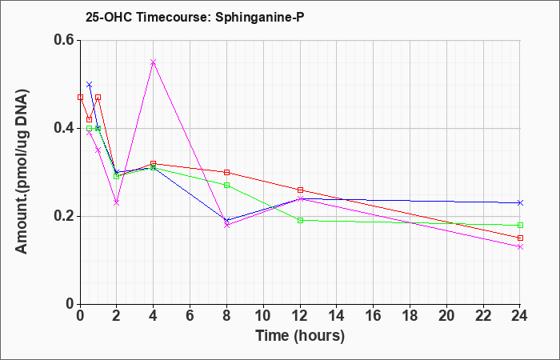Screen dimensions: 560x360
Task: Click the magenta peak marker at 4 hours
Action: [154, 62]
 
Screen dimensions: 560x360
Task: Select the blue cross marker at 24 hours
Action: [520, 203]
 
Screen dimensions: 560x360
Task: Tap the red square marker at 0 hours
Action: [80, 97]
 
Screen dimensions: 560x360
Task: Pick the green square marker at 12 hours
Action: [300, 220]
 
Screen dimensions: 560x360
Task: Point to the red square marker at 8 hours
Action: [226, 172]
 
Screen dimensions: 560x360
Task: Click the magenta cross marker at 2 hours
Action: [117, 203]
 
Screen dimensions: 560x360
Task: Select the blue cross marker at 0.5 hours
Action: [90, 84]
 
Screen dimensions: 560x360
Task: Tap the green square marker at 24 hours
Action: [520, 225]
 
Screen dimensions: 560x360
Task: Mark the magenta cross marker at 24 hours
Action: [520, 246]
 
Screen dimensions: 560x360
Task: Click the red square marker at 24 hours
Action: [520, 238]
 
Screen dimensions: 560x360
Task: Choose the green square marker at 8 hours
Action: [226, 186]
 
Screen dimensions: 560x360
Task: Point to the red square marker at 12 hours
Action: [300, 190]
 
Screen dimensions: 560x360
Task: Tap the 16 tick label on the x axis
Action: [374, 316]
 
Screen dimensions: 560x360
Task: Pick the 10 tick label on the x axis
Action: [263, 316]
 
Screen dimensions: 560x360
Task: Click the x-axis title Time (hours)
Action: [300, 336]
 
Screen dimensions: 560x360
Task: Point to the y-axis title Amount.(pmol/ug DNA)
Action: [22, 172]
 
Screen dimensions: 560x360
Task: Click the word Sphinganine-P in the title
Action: [260, 17]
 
